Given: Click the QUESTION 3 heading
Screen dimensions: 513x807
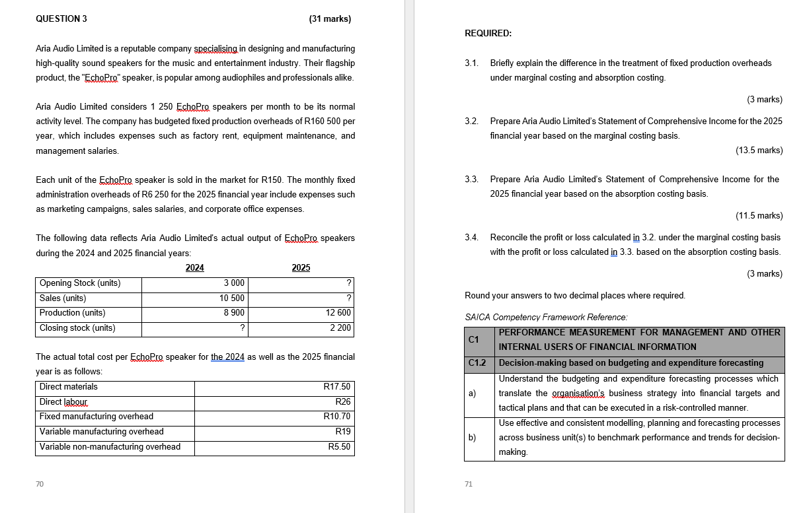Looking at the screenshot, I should click(61, 18).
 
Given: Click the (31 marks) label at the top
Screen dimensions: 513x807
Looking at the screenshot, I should click(330, 18).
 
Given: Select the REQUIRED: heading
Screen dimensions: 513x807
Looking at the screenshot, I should click(488, 33).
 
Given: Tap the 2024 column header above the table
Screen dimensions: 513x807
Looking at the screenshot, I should click(194, 267).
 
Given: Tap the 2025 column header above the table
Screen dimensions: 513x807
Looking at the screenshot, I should click(301, 267).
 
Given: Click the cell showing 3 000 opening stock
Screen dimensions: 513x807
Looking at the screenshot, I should click(234, 283).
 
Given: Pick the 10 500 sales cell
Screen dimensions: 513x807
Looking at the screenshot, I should click(232, 298).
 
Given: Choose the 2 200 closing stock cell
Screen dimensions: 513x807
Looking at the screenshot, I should click(340, 328).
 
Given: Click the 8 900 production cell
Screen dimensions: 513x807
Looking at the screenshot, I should click(234, 313).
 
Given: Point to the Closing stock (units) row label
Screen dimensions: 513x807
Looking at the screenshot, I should click(77, 328).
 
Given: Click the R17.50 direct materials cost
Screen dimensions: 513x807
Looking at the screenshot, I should click(336, 387).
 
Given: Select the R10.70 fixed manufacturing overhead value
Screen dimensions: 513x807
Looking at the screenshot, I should click(336, 417).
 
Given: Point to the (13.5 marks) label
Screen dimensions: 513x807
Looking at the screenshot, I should click(759, 151).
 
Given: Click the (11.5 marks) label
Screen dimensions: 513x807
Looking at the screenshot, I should click(759, 215).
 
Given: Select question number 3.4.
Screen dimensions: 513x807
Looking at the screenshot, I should click(471, 237).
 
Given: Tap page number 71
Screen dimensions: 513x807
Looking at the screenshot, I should click(469, 485).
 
